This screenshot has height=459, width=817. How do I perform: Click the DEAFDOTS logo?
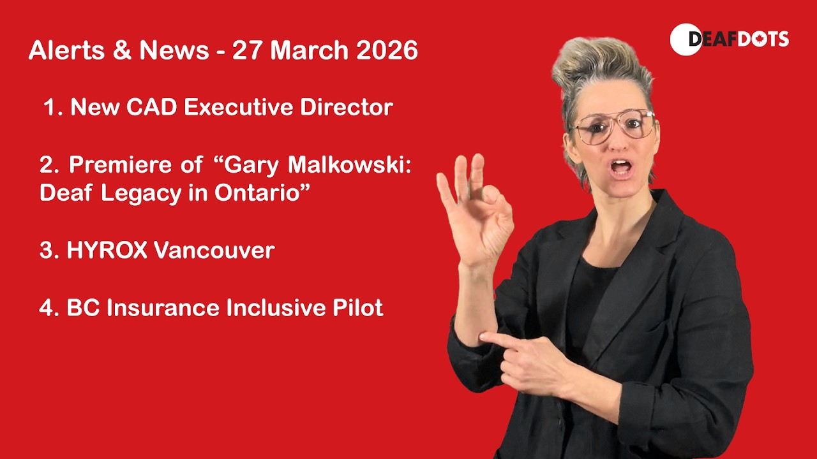(x=730, y=40)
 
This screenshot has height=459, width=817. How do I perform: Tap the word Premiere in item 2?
(x=120, y=164)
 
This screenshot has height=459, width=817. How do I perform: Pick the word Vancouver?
(x=214, y=250)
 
